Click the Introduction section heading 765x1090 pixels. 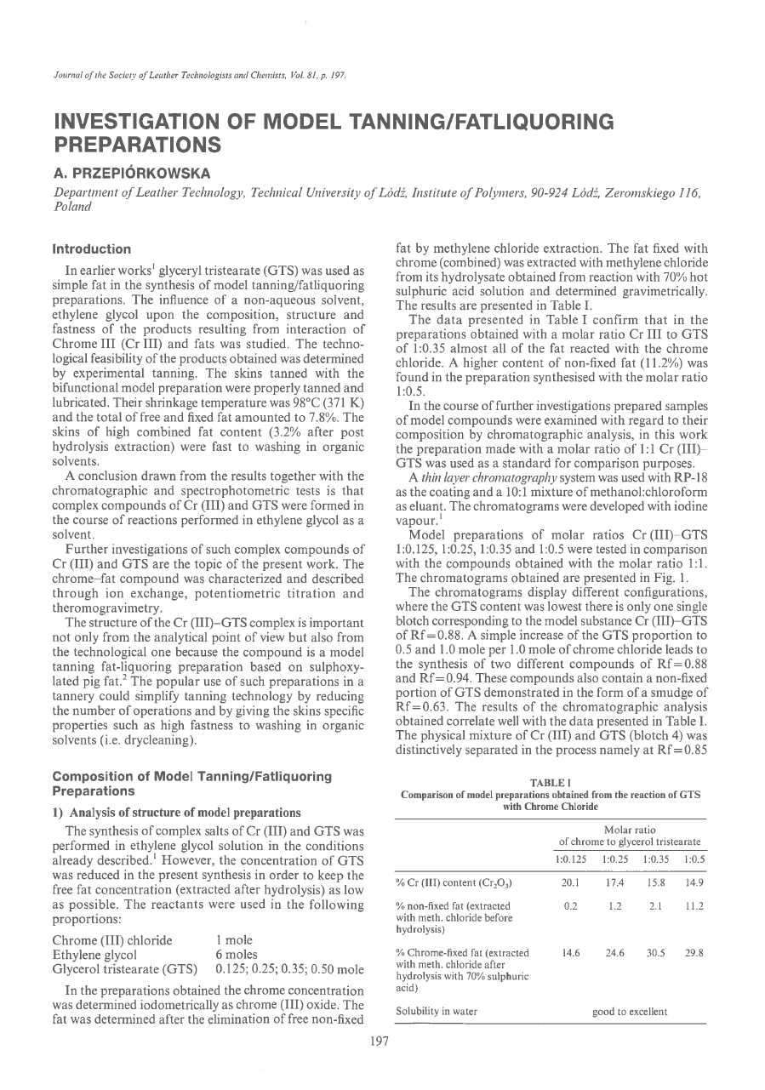[x=92, y=249]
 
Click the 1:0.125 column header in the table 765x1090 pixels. [x=572, y=858]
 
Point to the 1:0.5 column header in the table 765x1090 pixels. [x=694, y=858]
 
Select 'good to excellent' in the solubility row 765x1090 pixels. [x=630, y=1012]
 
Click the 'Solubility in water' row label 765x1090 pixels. [x=437, y=1012]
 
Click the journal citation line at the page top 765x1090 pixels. [x=197, y=74]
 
